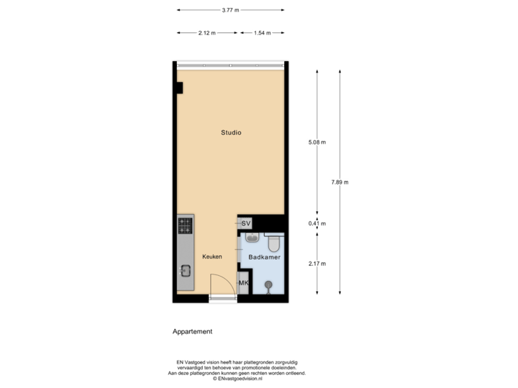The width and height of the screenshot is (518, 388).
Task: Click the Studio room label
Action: tap(231, 132)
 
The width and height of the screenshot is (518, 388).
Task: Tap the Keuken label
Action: tap(212, 257)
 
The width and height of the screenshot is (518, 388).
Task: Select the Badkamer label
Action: tap(264, 257)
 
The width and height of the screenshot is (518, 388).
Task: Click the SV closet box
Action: tap(246, 223)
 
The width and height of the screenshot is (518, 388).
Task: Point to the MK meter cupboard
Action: tap(243, 283)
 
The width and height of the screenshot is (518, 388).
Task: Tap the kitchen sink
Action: tap(185, 271)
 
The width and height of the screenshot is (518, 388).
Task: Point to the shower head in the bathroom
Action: tap(268, 285)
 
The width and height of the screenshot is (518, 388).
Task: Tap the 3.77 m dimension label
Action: tap(230, 10)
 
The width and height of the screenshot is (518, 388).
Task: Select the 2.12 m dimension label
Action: tap(206, 33)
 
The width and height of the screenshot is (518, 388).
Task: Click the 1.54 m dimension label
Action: tap(261, 33)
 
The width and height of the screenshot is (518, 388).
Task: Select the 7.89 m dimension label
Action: tap(340, 183)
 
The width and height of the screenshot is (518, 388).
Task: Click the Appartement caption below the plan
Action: tap(192, 332)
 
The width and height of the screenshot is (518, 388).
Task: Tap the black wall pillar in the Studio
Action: tap(179, 88)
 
